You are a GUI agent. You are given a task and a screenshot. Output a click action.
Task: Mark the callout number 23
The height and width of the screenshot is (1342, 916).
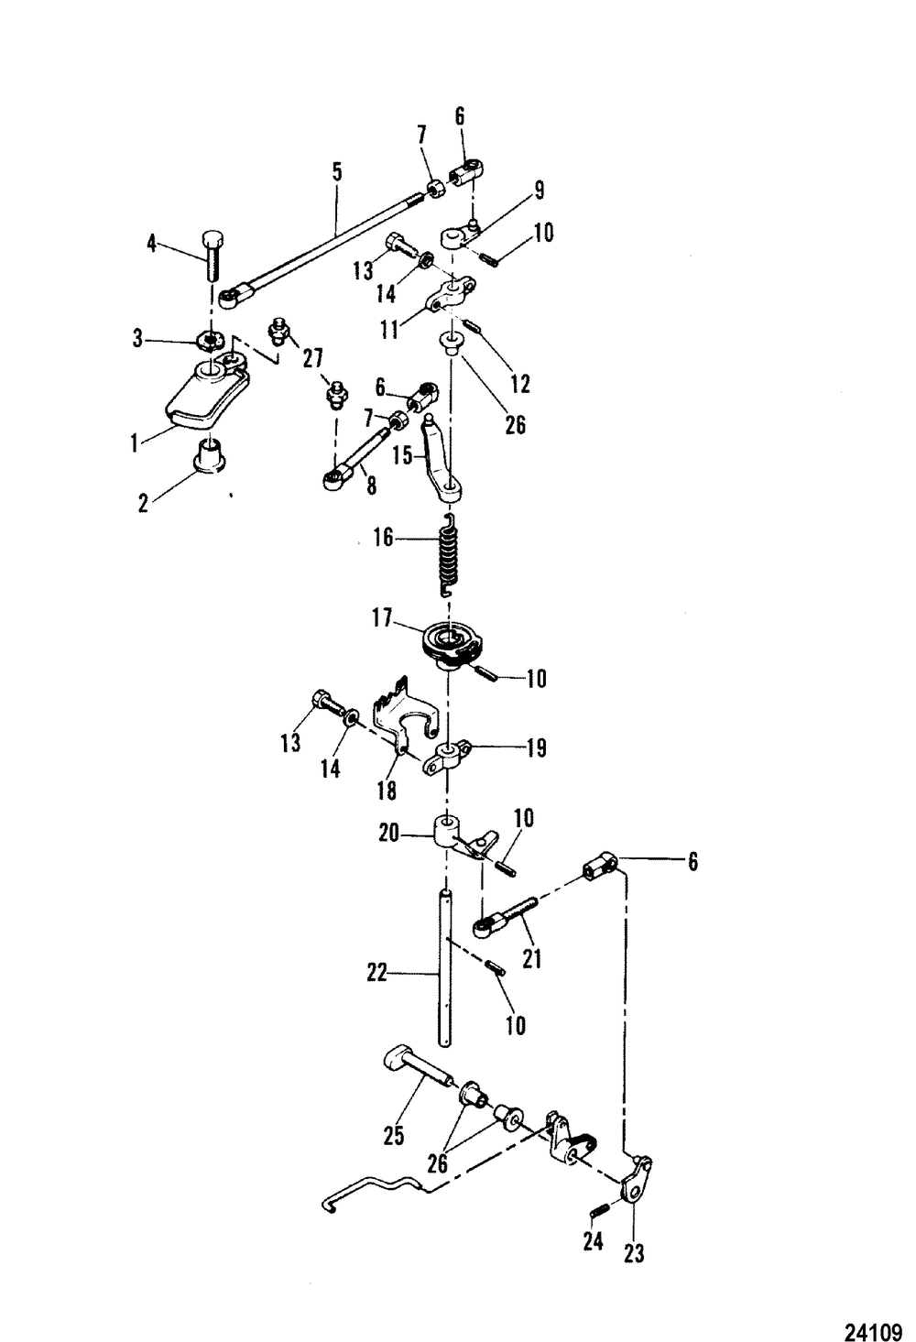(633, 1252)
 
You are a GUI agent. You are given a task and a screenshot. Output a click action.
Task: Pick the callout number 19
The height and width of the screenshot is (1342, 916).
(537, 748)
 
